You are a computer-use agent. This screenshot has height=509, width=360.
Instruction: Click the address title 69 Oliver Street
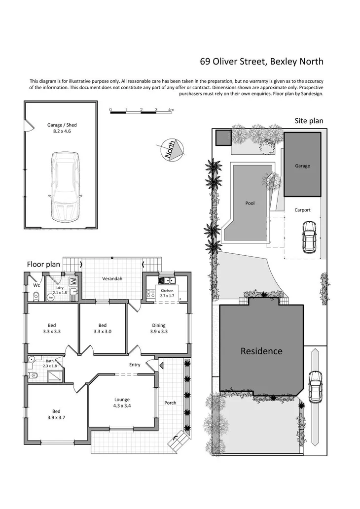point(261,62)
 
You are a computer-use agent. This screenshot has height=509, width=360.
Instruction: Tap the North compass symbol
point(171,149)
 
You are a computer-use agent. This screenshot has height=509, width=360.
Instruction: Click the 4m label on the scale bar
point(171,109)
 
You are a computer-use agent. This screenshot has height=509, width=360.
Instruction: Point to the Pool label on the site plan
point(250,203)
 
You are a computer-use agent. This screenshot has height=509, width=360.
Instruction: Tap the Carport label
point(302,210)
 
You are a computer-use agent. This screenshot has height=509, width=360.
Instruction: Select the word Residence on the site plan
point(261,351)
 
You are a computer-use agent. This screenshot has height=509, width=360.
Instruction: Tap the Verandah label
point(112,279)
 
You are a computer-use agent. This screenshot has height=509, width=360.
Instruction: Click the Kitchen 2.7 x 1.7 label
point(167,294)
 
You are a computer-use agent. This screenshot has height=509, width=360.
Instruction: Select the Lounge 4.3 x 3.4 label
point(121,403)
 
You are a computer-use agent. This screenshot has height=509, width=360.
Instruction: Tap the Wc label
point(36,285)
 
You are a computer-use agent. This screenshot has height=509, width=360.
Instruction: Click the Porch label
point(170,403)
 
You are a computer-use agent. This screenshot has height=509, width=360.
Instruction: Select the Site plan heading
point(309,121)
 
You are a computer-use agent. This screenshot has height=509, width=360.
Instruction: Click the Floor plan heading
point(43,265)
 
